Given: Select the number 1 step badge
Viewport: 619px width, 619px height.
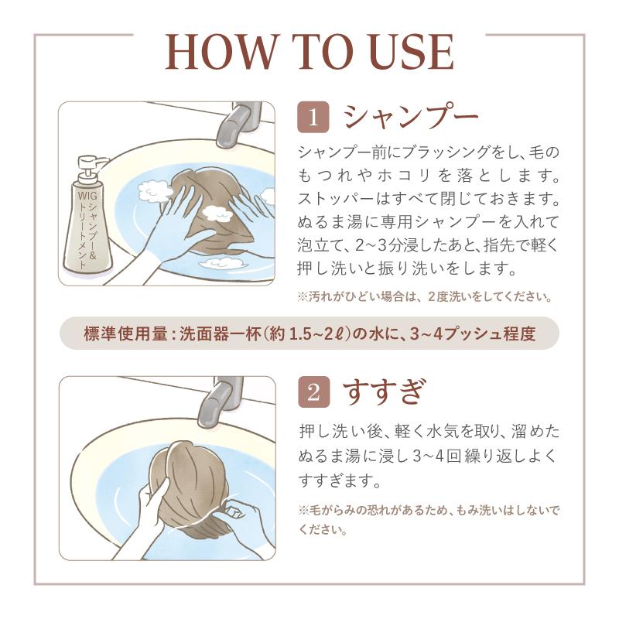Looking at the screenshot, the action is (313, 117).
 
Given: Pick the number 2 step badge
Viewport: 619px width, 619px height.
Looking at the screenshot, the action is (313, 392).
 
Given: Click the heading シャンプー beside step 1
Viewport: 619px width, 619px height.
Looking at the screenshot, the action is (411, 117).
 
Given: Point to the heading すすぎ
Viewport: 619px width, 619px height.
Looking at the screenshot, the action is (385, 392).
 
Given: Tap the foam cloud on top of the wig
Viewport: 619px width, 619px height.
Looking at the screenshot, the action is (217, 214).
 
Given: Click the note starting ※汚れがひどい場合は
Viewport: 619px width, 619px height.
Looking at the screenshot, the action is (425, 296).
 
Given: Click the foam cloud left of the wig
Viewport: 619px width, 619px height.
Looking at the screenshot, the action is (154, 190).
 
